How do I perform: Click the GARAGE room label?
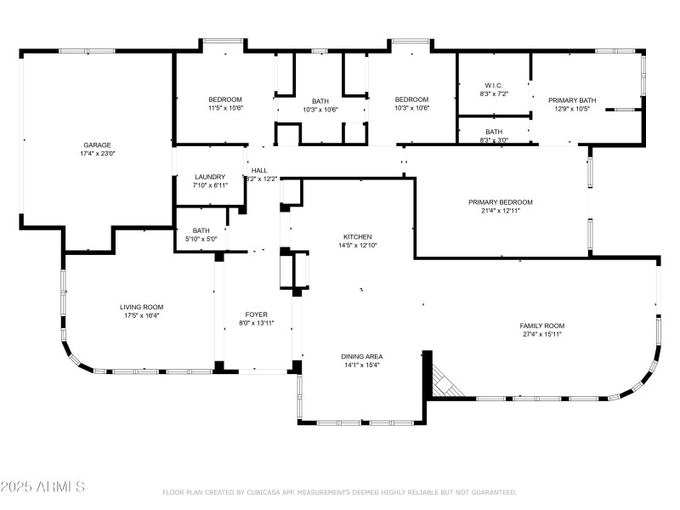click(x=97, y=144)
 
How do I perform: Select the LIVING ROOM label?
click(x=141, y=307)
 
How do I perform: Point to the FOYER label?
click(x=257, y=314)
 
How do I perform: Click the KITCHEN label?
click(x=357, y=237)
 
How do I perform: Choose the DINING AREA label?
click(x=361, y=356)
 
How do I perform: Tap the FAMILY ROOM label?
click(x=542, y=326)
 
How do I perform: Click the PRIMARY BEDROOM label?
click(x=500, y=202)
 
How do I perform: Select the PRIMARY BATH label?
click(x=571, y=100)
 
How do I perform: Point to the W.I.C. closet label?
click(x=494, y=85)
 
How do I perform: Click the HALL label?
click(x=258, y=171)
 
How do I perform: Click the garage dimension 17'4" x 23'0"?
click(x=97, y=154)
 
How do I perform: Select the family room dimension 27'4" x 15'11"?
click(x=542, y=335)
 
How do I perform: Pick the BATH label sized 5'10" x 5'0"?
click(x=201, y=230)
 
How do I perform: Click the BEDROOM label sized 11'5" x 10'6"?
click(x=225, y=99)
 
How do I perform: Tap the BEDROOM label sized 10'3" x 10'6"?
click(x=411, y=99)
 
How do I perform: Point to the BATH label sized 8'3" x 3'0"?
click(x=494, y=132)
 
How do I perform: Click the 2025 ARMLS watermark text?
click(x=42, y=487)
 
